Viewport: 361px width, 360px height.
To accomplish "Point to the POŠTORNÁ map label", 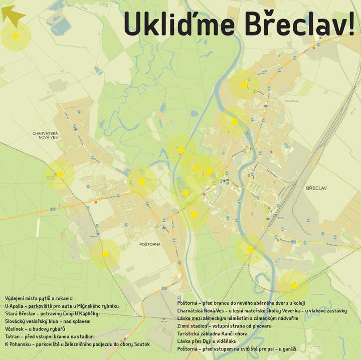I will (x=150, y=244).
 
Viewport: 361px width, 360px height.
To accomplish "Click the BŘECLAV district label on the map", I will (x=316, y=188).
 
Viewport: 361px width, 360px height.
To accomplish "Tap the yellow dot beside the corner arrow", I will (x=16, y=36).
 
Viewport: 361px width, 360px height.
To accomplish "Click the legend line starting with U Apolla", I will (x=62, y=306).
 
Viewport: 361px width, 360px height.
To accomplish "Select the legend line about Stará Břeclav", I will (x=52, y=313).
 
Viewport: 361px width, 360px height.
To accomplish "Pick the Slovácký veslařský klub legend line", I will (x=48, y=321).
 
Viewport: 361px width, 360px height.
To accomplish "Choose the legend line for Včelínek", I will (x=35, y=329).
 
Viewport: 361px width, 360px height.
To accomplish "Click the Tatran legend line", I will (x=49, y=336).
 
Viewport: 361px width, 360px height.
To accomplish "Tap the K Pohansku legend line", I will (x=77, y=344).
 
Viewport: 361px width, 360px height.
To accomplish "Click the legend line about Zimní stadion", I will (x=224, y=326).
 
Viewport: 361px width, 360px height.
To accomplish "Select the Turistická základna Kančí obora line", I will (x=212, y=333).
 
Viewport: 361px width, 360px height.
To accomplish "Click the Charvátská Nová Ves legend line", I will (x=262, y=311).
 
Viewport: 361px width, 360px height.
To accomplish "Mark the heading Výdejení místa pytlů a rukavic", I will (x=39, y=298).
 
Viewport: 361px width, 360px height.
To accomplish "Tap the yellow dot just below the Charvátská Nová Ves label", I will (x=60, y=174).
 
